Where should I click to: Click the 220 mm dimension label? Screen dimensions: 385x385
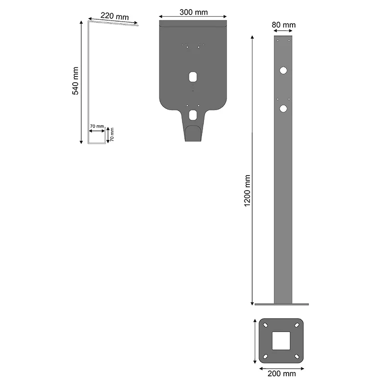115,16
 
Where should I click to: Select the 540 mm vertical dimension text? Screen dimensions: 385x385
75,81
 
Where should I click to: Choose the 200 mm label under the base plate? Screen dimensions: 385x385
282,373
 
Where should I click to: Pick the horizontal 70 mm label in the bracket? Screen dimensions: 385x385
97,126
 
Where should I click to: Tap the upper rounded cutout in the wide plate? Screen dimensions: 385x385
193,77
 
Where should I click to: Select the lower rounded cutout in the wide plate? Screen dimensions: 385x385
193,115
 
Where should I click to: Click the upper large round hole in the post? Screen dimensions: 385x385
283,70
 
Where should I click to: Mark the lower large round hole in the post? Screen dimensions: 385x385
283,109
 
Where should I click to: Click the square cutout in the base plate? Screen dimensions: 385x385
282,341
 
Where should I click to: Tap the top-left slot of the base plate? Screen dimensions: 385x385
265,325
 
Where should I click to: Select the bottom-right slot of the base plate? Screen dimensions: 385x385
298,357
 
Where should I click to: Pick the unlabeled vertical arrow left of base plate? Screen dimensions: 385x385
254,341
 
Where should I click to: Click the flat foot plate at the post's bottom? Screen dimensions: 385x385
282,304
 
